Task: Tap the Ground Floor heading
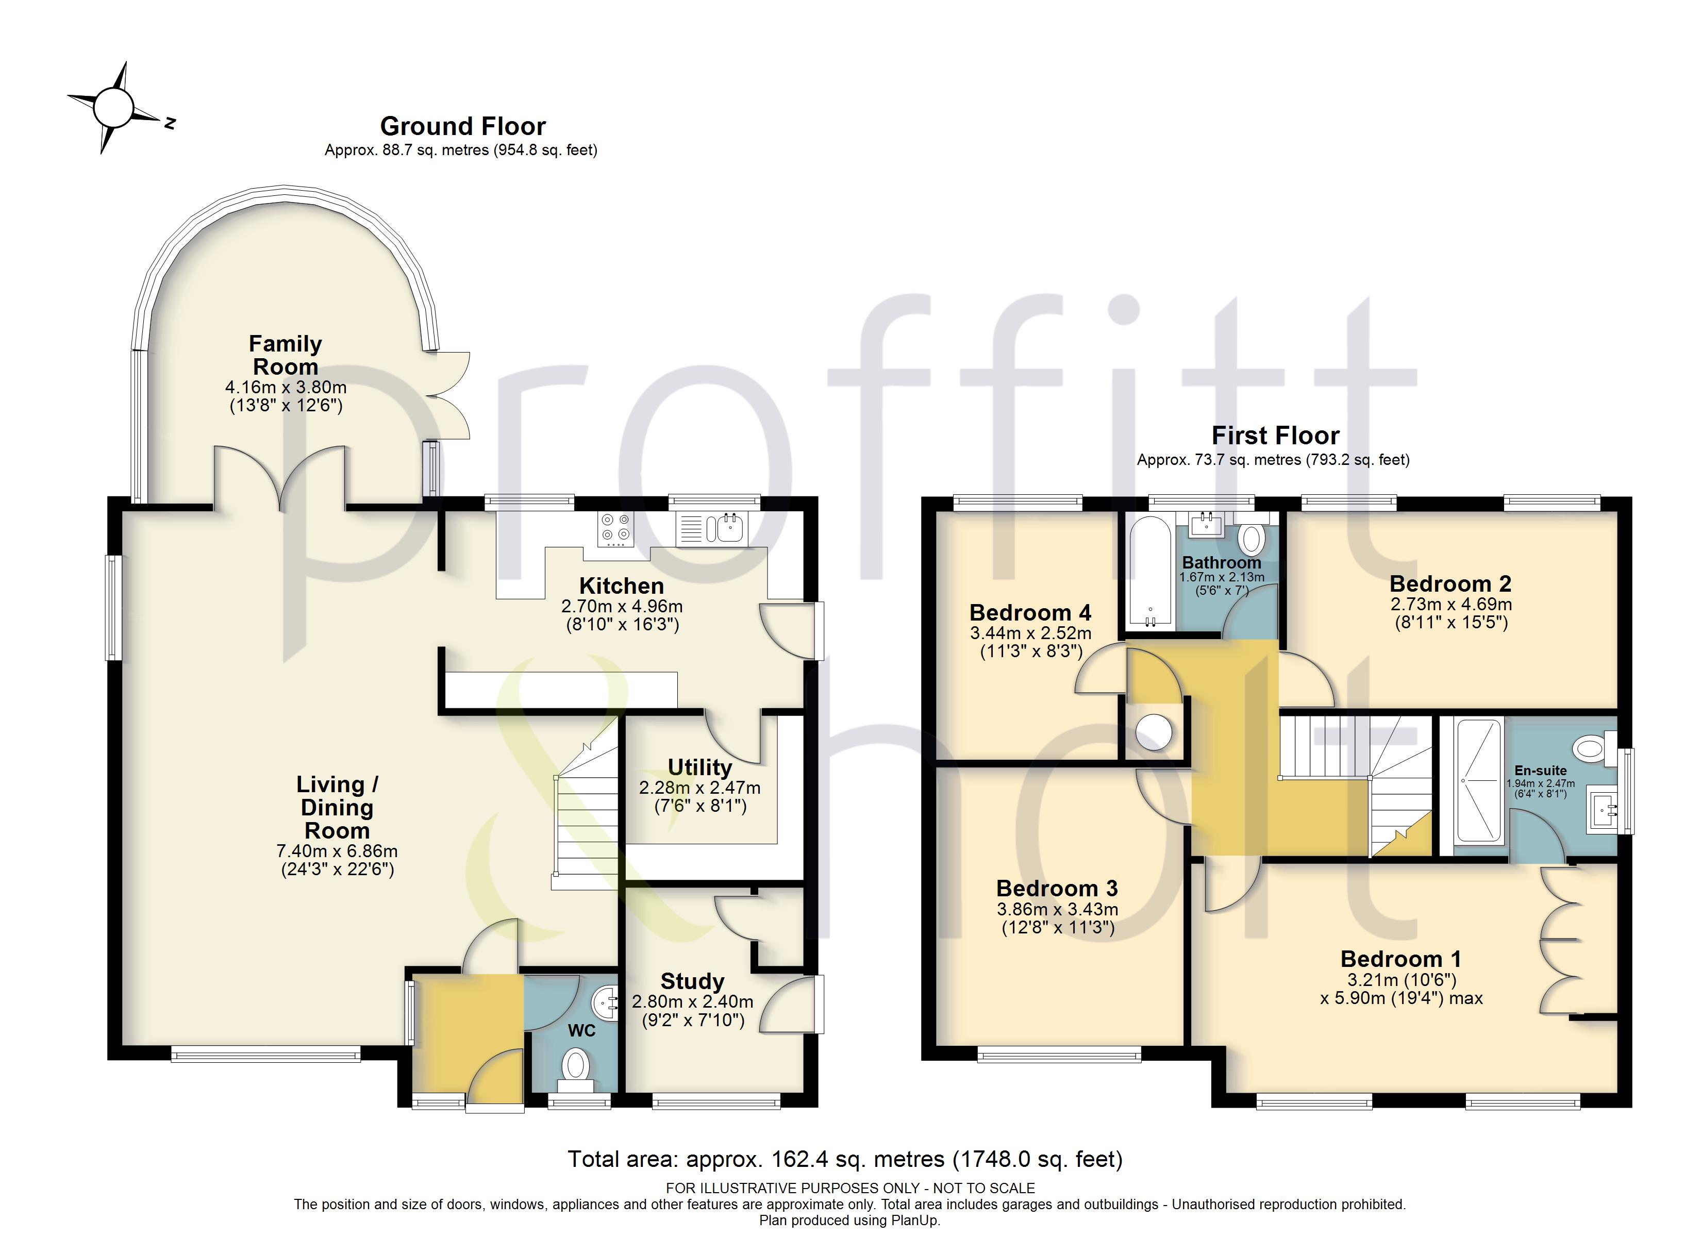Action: (x=463, y=126)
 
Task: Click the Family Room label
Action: (x=286, y=355)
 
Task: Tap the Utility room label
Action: (x=700, y=767)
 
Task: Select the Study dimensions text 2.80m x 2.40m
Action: (x=692, y=1001)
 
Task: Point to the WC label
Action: (x=581, y=1031)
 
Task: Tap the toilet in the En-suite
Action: (x=1594, y=748)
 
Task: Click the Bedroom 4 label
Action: (x=1030, y=613)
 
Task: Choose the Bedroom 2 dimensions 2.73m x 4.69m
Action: (x=1450, y=604)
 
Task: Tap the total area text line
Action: (x=845, y=1160)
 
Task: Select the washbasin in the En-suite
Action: (x=1603, y=809)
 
